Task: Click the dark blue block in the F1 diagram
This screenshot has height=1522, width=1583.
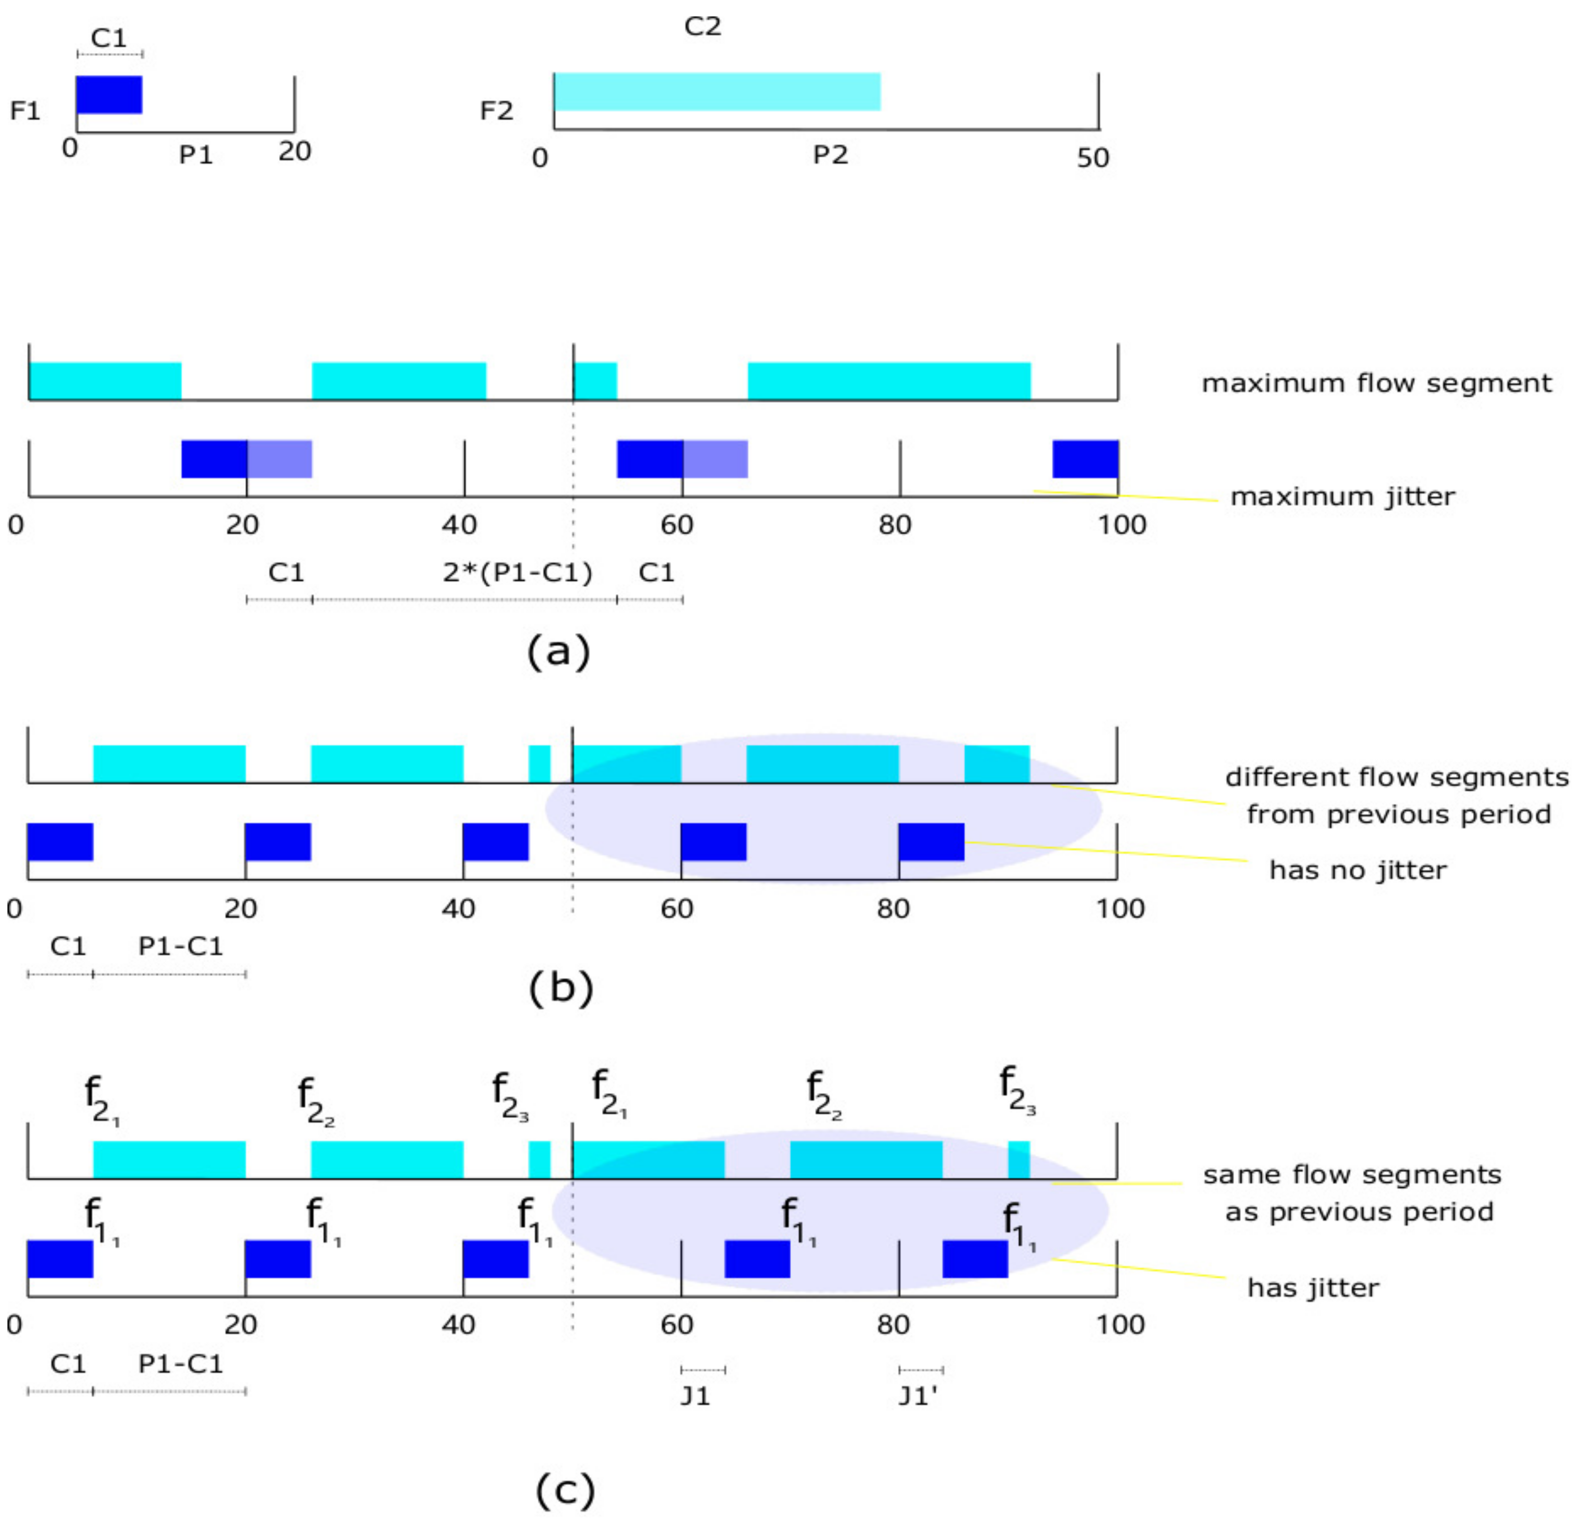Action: coord(109,95)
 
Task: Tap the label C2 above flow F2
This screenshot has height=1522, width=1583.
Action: coord(702,26)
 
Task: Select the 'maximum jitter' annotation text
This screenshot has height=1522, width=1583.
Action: coord(1342,496)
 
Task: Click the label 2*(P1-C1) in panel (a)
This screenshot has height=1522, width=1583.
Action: coord(517,573)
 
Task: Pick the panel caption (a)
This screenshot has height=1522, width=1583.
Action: coord(559,649)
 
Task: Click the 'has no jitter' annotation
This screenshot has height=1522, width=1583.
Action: coord(1358,870)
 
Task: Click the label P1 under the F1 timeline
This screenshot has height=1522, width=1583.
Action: coord(196,154)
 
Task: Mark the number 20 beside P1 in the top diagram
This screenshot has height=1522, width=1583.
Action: coord(295,152)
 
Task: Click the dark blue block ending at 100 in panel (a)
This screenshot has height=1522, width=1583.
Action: coord(1085,459)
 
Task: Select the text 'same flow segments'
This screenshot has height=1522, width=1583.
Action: coord(1352,1175)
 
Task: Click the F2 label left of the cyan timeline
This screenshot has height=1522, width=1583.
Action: coord(496,111)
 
